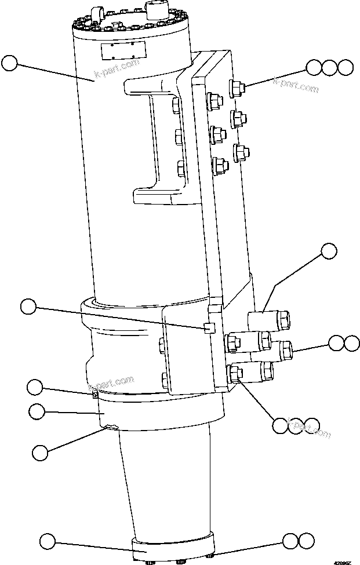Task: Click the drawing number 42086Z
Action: (342, 560)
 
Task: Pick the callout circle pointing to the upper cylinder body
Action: (10, 63)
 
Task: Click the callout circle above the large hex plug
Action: (329, 251)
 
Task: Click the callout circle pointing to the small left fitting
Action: (36, 387)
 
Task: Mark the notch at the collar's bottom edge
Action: (110, 428)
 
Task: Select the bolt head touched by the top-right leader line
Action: (238, 88)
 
